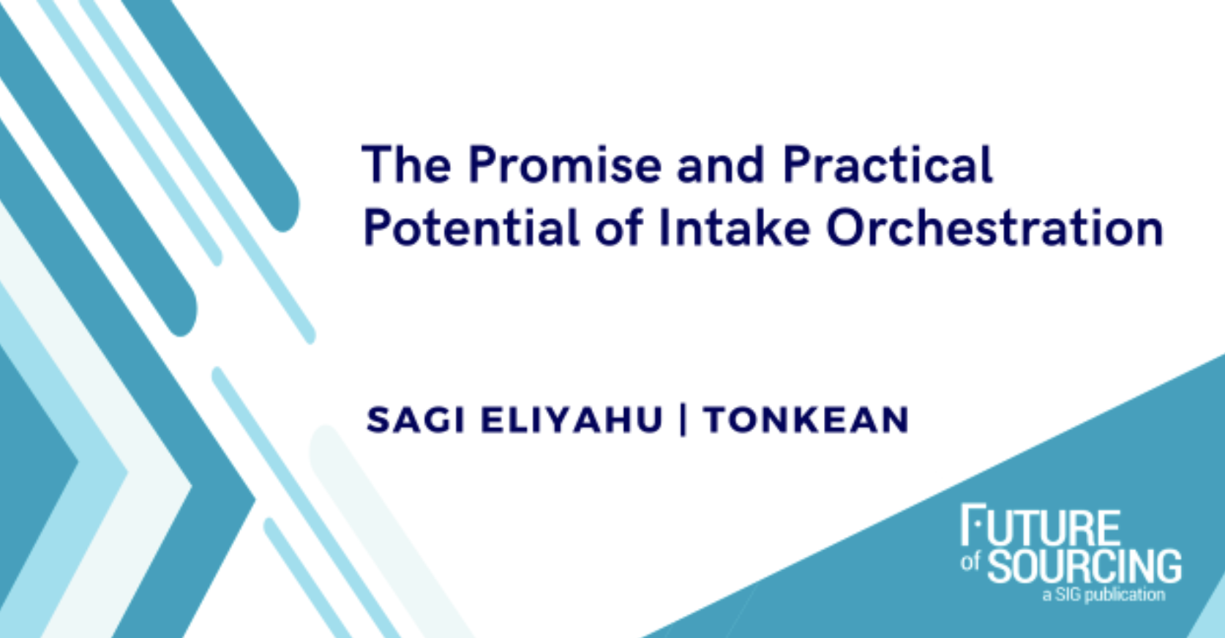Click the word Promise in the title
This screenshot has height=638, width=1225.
point(564,165)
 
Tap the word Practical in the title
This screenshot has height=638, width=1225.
point(888,165)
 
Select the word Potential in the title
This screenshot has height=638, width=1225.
point(471,228)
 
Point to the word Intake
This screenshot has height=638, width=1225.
point(734,228)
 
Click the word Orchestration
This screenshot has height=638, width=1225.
point(994,228)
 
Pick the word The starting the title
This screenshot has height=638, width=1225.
point(406,165)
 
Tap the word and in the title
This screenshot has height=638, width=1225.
point(721,165)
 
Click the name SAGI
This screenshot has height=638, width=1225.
point(415,421)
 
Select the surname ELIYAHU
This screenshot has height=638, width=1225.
point(572,421)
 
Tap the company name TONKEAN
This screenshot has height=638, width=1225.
point(806,421)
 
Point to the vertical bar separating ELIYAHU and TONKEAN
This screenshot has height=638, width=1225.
point(683,421)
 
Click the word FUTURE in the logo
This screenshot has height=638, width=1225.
point(1041,526)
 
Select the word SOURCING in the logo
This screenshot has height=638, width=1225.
point(1084,566)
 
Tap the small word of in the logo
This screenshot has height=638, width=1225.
point(970,562)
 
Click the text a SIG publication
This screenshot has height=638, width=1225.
point(1104,595)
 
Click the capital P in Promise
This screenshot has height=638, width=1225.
point(483,165)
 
